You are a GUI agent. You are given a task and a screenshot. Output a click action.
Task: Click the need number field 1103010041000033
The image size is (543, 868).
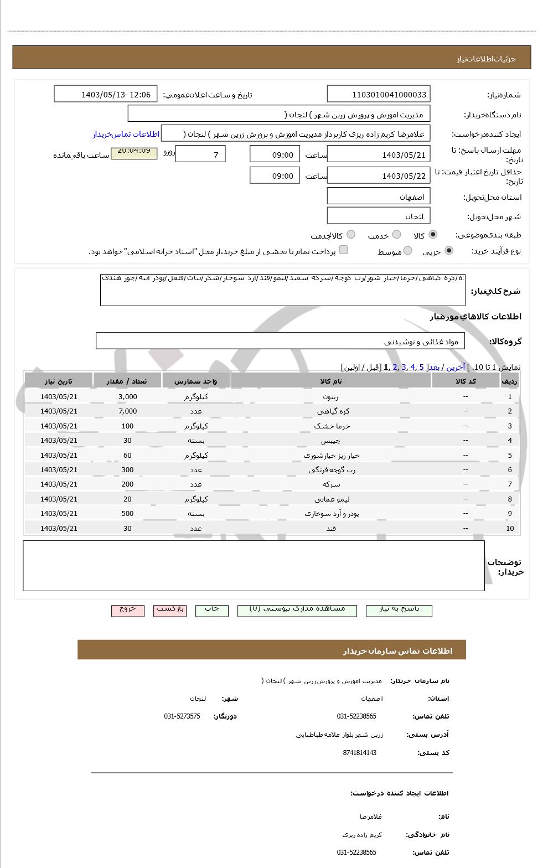pos(379,94)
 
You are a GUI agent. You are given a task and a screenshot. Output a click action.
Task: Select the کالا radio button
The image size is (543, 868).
pos(432,235)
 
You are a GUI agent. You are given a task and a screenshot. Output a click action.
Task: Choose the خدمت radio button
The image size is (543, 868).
pos(396,235)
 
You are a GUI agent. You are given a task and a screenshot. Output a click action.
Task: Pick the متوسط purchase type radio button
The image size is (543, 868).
pos(408,251)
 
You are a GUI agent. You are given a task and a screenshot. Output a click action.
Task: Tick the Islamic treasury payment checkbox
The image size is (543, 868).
pos(344,250)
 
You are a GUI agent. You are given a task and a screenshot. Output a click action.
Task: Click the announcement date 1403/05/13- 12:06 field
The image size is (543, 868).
pos(106,94)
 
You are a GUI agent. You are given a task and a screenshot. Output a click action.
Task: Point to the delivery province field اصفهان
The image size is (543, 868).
pos(379,197)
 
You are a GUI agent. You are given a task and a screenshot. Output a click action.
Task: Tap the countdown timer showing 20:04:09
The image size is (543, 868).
pos(134,151)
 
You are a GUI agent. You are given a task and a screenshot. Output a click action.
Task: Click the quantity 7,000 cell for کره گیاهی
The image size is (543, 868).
pos(127,411)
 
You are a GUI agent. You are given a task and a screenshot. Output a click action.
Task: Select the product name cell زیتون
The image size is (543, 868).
pos(331,397)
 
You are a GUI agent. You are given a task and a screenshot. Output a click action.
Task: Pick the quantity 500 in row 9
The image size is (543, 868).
pos(127,514)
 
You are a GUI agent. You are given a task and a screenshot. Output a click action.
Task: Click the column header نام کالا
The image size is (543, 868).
pos(331,381)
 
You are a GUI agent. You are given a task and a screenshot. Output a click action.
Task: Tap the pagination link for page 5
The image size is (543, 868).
pos(421,367)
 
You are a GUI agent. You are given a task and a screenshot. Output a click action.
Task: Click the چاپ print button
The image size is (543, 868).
pos(212,609)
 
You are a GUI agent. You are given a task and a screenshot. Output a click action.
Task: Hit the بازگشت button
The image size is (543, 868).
pos(170,609)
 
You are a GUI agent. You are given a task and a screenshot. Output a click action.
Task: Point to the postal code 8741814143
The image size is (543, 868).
pos(360,753)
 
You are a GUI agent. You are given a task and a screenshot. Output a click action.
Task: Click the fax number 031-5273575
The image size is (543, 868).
pos(182,716)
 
